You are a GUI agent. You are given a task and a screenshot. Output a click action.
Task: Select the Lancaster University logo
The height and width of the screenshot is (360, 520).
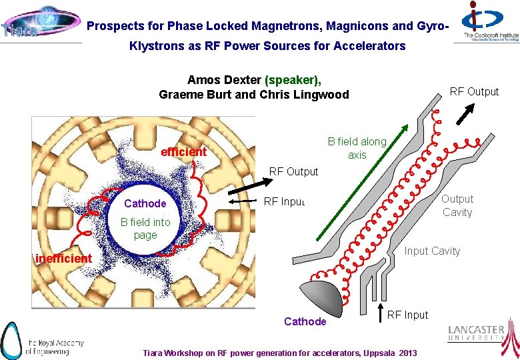[x=482, y=334]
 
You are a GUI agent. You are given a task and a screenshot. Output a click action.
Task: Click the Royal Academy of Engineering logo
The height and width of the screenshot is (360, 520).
[x=43, y=339]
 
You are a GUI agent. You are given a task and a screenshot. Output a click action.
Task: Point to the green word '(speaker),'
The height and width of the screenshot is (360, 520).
[x=293, y=79]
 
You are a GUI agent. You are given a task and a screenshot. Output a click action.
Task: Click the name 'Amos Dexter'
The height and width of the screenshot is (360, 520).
[x=224, y=79]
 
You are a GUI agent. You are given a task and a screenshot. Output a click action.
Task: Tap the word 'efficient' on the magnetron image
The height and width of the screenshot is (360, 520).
[x=184, y=152]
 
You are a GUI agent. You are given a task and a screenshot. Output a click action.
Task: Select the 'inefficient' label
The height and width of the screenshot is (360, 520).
[x=64, y=258]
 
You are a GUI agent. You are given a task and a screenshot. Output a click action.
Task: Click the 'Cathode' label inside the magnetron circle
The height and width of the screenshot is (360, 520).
[x=145, y=203]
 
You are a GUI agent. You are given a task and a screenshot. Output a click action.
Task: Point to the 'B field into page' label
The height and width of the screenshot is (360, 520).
[x=145, y=229]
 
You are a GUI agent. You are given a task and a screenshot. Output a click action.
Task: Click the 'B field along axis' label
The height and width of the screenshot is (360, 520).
[x=357, y=148]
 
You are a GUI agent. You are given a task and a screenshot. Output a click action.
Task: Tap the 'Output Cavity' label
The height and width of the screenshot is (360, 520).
[x=457, y=205]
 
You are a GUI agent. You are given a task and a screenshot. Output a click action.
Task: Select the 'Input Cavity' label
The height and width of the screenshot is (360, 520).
[x=432, y=251]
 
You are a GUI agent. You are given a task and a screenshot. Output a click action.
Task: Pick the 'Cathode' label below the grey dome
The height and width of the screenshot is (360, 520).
[x=305, y=321]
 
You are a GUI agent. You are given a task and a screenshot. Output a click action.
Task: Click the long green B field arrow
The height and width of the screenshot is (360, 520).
[x=360, y=181]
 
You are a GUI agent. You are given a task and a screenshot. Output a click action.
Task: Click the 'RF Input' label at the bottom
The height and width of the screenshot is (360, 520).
[x=407, y=315]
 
